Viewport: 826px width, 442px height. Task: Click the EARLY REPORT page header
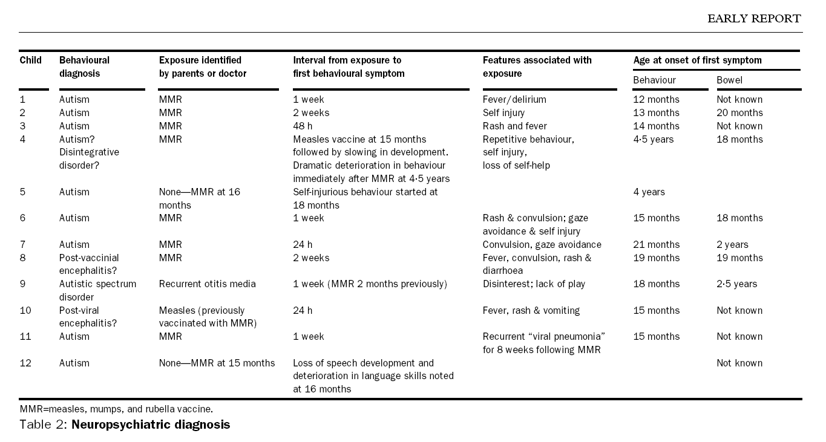coord(753,19)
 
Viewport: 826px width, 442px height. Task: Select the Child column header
coord(30,60)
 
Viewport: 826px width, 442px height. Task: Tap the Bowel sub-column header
coord(729,80)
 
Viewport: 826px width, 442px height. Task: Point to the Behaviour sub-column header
coord(654,80)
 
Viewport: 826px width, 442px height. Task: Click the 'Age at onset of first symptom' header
coord(697,60)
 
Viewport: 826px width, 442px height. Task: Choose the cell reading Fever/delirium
coord(514,100)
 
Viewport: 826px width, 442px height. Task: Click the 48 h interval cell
coord(304,126)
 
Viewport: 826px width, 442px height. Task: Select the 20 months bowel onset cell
coord(739,113)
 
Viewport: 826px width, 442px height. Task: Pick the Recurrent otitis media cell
coord(207,284)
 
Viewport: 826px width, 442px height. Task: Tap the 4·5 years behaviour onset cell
coord(653,140)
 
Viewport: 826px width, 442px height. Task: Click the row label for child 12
coord(25,363)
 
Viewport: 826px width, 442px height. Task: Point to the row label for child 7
coord(22,245)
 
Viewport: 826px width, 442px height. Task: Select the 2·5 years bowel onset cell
coord(736,284)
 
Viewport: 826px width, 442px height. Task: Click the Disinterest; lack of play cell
coord(534,284)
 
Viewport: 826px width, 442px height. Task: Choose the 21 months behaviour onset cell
coord(656,245)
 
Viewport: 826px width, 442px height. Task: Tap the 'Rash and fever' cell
coord(514,126)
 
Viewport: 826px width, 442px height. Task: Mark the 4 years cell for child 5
coord(649,192)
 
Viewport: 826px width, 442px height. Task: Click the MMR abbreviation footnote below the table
coord(116,409)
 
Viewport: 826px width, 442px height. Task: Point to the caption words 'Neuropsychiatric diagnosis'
coord(151,424)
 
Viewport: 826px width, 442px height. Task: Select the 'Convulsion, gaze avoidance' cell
coord(542,245)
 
